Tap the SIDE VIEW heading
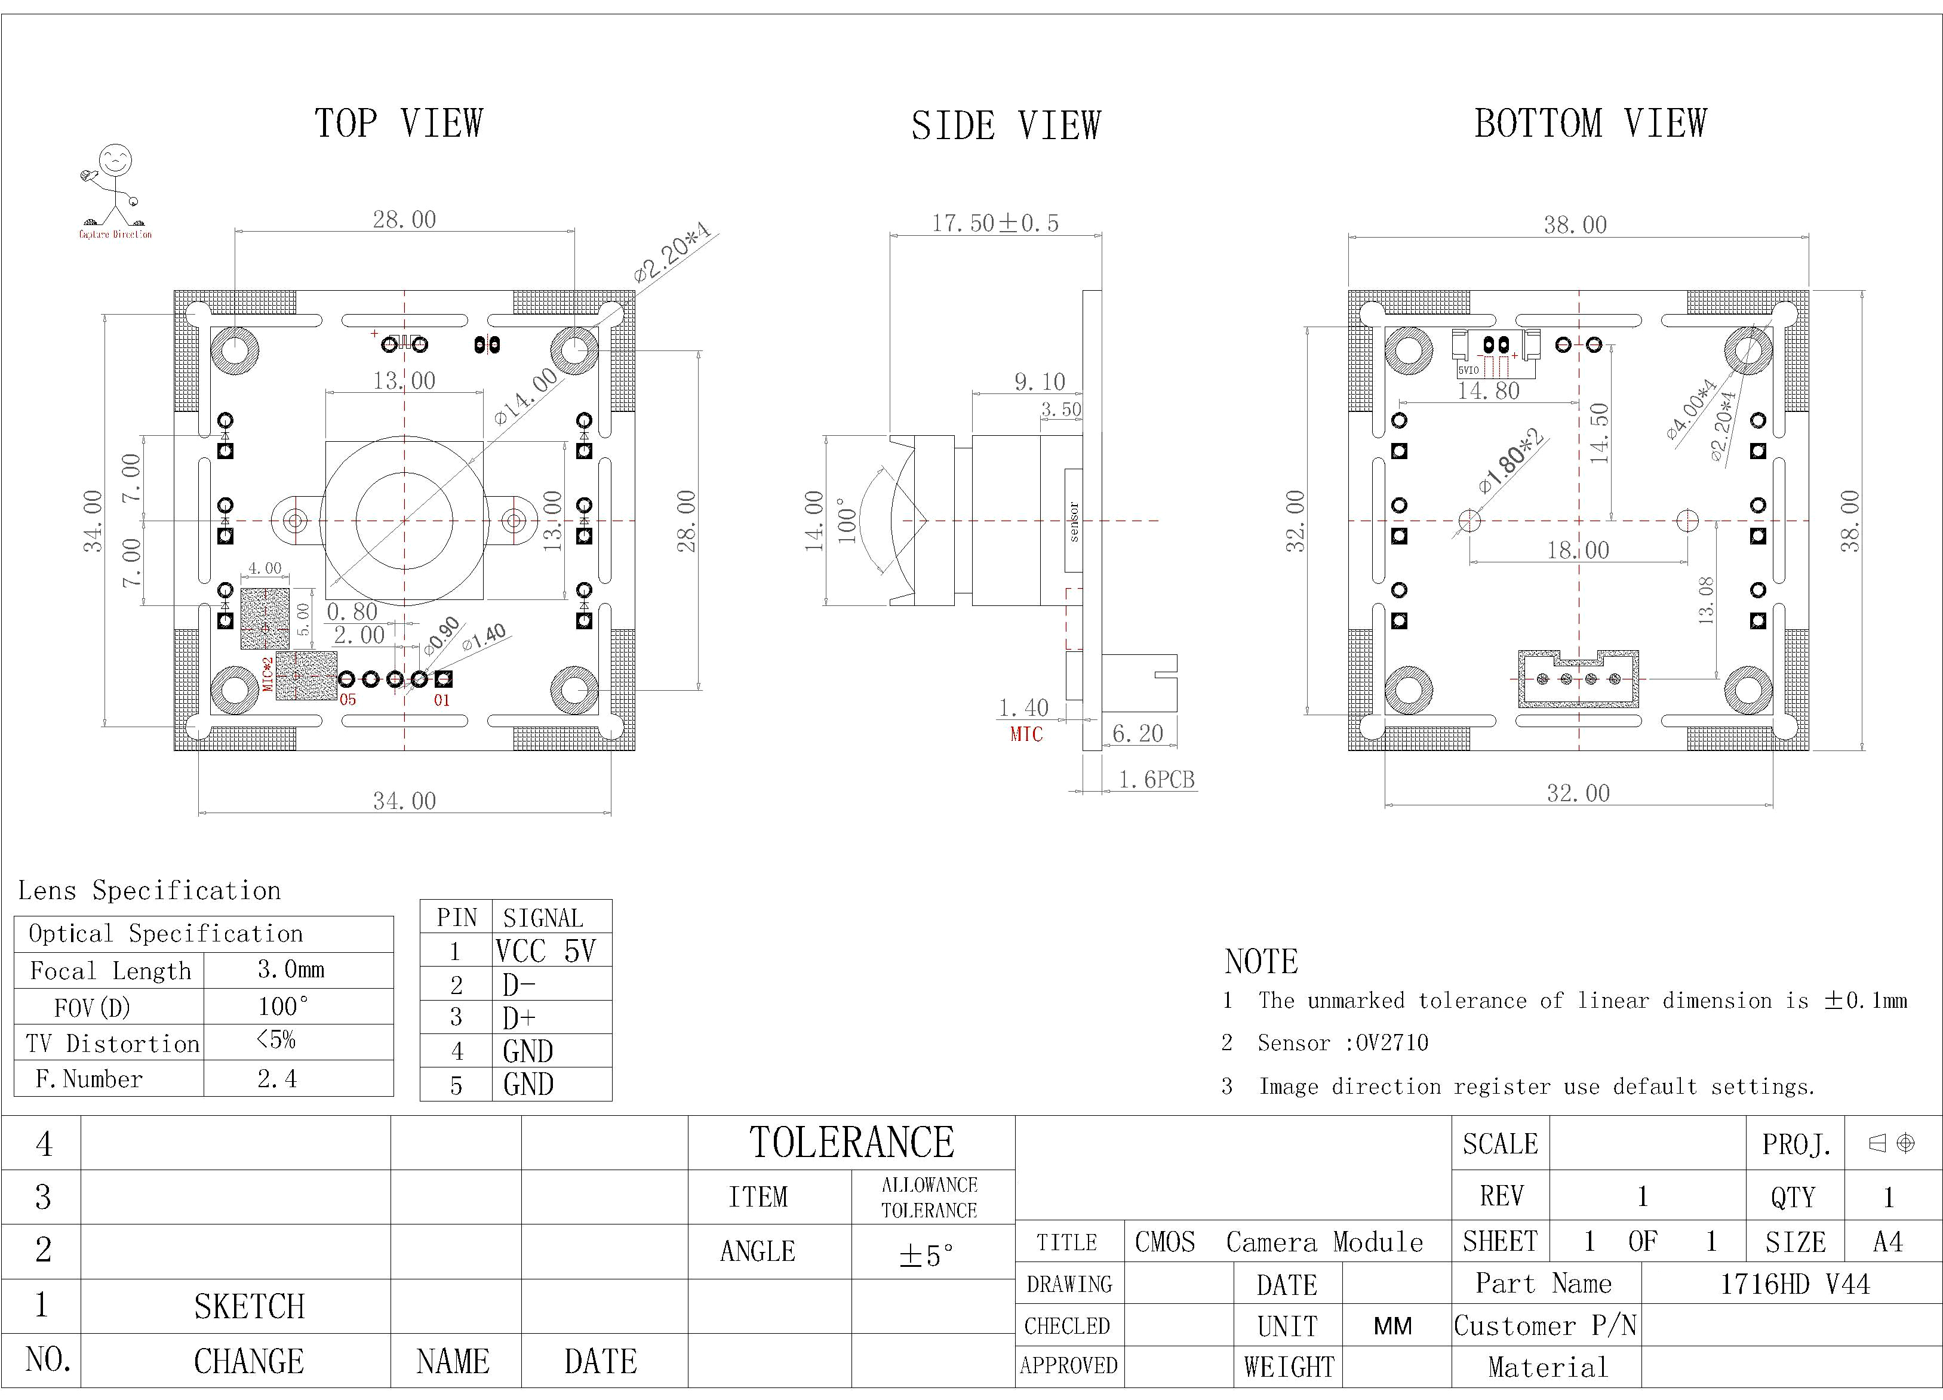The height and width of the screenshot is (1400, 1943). coord(1006,126)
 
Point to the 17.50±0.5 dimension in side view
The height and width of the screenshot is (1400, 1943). coord(995,223)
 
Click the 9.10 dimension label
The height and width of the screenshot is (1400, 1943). coord(1039,381)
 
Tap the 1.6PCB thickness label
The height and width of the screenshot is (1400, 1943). coord(1157,779)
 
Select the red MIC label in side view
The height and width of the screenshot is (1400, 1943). coord(1026,734)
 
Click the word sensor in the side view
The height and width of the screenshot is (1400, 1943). coord(1074,521)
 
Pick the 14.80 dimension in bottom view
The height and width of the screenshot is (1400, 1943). coord(1489,390)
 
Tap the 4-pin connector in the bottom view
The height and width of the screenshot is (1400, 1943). coord(1578,679)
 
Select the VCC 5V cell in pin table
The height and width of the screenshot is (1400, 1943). coord(545,951)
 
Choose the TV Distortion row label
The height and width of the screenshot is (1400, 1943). coord(112,1044)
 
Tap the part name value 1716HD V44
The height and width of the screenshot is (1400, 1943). coord(1795,1284)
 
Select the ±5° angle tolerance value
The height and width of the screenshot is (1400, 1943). coord(926,1255)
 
